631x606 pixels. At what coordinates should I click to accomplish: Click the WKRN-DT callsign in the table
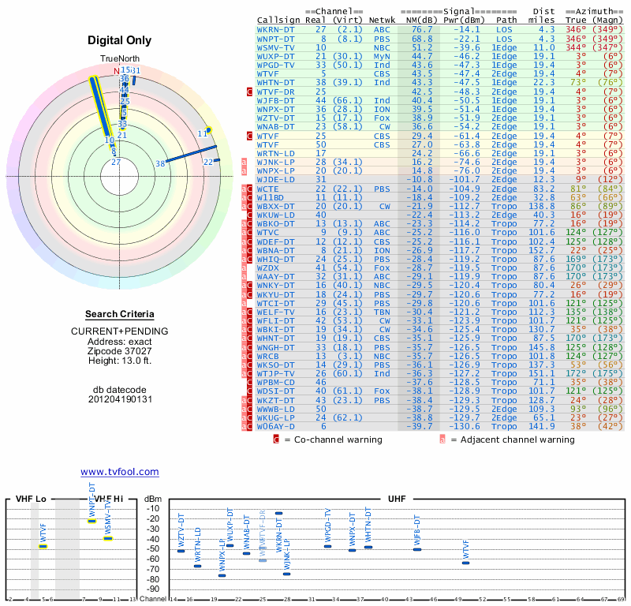click(275, 29)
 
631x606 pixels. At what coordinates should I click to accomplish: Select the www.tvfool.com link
click(119, 472)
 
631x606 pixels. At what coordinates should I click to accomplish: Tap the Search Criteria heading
click(119, 314)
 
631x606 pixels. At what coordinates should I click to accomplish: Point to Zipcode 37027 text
click(119, 351)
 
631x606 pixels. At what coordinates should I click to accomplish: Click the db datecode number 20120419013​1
click(119, 399)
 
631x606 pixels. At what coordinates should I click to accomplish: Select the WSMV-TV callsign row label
click(275, 47)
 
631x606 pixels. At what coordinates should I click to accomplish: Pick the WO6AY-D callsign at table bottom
click(275, 426)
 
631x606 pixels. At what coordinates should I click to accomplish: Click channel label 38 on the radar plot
click(160, 164)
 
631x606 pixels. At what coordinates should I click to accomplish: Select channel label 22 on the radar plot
click(208, 162)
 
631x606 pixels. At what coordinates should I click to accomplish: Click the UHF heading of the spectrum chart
click(397, 499)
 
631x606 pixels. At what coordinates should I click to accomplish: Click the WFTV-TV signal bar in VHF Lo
click(43, 546)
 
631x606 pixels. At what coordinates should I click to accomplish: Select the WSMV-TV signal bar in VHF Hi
click(108, 538)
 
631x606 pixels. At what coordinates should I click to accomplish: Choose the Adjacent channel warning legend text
click(512, 440)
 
